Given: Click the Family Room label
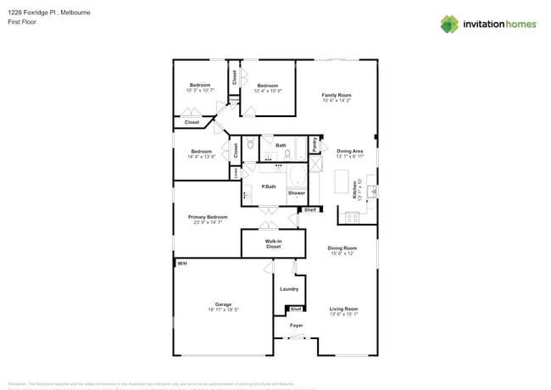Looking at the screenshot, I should point(336,95).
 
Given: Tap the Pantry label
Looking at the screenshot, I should point(316,144).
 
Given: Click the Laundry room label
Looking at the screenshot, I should point(289,289).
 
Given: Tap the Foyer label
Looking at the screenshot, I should point(296,325).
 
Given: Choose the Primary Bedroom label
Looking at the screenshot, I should point(207,216).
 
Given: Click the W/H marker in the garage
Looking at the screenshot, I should point(181,265).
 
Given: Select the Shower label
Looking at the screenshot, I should point(296,193).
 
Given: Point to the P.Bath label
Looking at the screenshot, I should point(269,187).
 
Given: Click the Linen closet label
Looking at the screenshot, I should point(235,173).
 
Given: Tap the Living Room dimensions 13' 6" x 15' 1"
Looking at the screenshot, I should point(343,315).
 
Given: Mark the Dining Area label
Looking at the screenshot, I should point(350,151).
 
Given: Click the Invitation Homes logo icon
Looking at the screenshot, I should point(449,24).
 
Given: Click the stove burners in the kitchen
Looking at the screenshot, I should point(351,216).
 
